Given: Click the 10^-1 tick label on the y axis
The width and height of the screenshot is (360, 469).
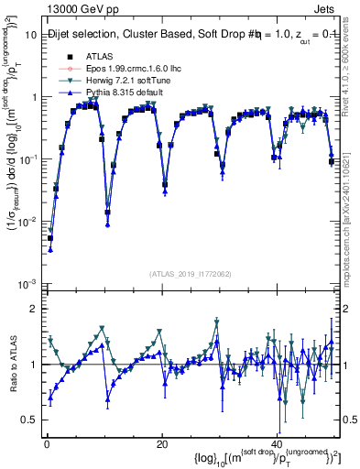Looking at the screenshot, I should point(27,159).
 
